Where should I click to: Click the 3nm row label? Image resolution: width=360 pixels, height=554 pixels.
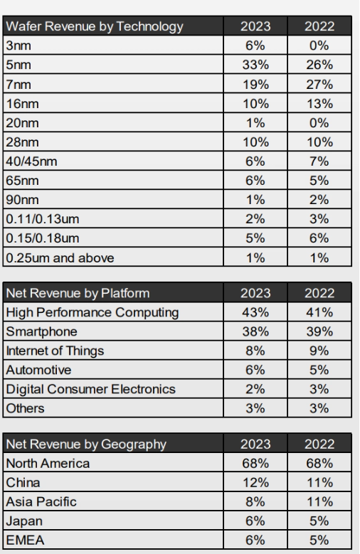point(18,46)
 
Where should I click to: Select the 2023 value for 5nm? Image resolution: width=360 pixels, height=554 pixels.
point(255,65)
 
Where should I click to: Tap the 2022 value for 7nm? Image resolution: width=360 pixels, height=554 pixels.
point(319,85)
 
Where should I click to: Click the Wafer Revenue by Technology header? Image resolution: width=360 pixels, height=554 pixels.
point(95,26)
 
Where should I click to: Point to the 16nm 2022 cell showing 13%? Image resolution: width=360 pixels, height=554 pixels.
point(319,104)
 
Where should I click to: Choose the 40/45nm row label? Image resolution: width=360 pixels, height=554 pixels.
point(31,161)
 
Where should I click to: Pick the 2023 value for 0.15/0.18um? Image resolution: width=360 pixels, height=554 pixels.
point(255,238)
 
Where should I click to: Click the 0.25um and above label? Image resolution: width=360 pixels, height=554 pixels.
point(60,258)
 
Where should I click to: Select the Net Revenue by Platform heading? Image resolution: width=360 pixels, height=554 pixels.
point(78,293)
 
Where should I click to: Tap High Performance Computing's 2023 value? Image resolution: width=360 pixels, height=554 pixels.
point(255,312)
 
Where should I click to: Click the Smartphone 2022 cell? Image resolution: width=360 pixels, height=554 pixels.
point(319,331)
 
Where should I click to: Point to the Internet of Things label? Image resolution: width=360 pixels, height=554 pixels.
point(55,351)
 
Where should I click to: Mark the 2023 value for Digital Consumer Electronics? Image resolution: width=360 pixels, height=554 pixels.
point(255,389)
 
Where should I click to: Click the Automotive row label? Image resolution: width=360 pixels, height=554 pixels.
point(38,370)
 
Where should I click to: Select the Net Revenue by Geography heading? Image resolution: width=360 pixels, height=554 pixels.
point(86,444)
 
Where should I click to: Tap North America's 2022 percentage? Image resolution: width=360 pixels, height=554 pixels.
point(319,463)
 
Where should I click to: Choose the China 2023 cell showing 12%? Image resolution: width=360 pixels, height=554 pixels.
point(255,483)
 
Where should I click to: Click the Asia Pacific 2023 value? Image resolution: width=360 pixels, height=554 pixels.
point(255,501)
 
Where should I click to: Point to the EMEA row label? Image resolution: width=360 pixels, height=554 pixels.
point(25,540)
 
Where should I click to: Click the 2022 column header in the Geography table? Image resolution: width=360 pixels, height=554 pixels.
point(319,444)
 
